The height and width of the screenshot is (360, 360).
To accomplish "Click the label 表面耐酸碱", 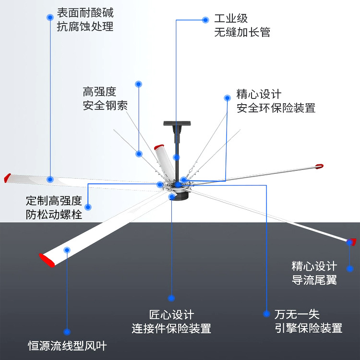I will [x=85, y=11].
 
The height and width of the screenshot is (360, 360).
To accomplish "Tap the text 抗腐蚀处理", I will [x=85, y=26].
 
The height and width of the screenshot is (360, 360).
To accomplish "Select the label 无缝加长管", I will [x=242, y=32].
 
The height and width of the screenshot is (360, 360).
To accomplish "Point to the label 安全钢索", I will [x=105, y=106].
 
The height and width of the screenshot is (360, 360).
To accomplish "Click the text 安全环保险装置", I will [x=276, y=108].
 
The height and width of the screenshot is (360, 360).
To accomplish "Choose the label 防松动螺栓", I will [x=54, y=215].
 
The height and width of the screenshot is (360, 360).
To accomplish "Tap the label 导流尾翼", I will [x=314, y=280].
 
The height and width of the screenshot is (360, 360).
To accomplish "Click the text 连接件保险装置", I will [x=171, y=329].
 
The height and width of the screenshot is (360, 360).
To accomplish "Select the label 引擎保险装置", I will [x=308, y=328].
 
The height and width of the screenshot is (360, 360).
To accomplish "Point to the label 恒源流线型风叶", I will [x=67, y=345].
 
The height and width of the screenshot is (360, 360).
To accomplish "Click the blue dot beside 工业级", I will [x=205, y=20].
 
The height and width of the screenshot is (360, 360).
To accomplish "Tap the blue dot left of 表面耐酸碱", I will [x=49, y=17].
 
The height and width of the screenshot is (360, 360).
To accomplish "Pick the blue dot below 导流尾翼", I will [x=350, y=269].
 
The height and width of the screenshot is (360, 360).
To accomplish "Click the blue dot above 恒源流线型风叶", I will [x=67, y=332].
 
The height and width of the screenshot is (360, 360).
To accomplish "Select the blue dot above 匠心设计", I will [x=171, y=298].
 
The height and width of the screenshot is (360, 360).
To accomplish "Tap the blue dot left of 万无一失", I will [x=266, y=314].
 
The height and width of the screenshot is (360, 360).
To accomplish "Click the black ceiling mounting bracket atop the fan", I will [x=176, y=124].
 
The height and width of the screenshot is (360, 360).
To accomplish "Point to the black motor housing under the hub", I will [x=179, y=196].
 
